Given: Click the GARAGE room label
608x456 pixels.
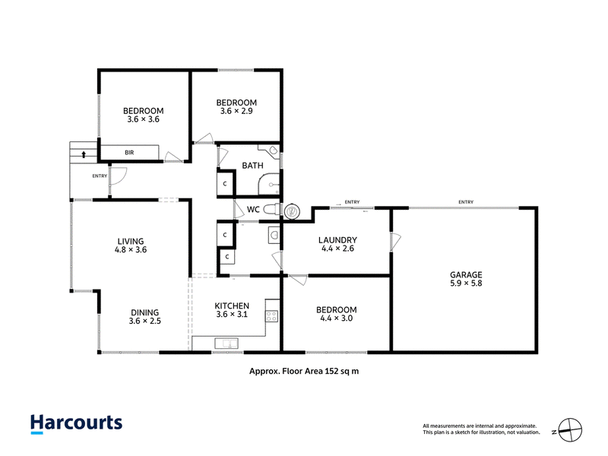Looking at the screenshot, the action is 466,274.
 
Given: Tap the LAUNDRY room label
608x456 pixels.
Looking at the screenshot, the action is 337,240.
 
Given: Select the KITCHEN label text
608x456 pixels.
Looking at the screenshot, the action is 232,306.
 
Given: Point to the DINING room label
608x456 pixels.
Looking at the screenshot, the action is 144,312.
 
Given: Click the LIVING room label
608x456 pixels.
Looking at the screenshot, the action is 131,241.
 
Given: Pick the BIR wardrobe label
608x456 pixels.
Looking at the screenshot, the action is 129,153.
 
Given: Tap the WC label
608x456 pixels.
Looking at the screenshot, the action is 253,210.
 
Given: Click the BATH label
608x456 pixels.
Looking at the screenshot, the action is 252,166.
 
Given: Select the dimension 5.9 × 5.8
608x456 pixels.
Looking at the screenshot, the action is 466,283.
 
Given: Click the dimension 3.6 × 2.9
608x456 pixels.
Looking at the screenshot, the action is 236,111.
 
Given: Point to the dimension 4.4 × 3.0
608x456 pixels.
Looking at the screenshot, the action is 336,318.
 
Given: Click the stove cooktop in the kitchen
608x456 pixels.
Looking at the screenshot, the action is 272,316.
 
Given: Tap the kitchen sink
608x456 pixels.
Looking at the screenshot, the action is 226,344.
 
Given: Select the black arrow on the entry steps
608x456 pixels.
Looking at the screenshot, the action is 84,154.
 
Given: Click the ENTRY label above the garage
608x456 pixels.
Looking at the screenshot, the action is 466,202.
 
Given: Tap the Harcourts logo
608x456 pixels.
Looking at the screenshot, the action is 77,424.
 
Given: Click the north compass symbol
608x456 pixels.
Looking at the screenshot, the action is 570,430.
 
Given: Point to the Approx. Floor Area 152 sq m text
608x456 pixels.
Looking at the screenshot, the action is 304,371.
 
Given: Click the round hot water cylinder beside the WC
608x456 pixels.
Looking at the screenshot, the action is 292,212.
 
